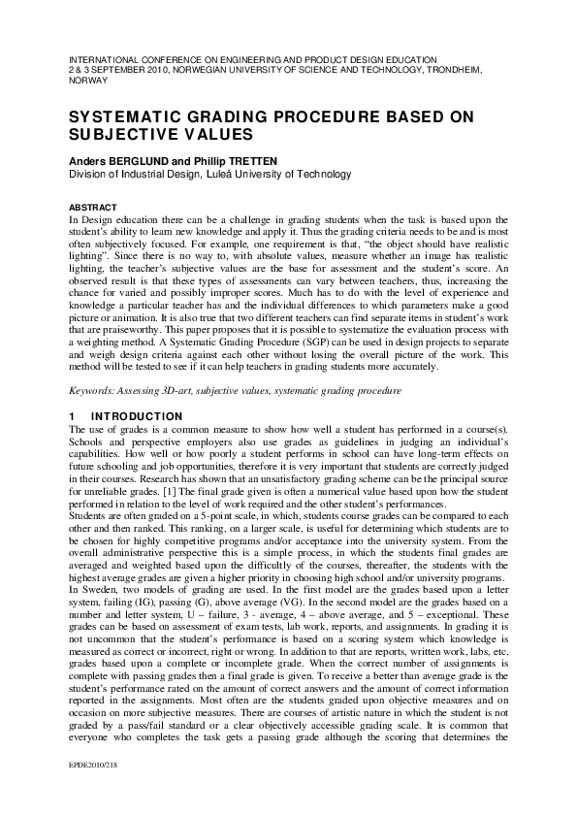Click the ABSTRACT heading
92,208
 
